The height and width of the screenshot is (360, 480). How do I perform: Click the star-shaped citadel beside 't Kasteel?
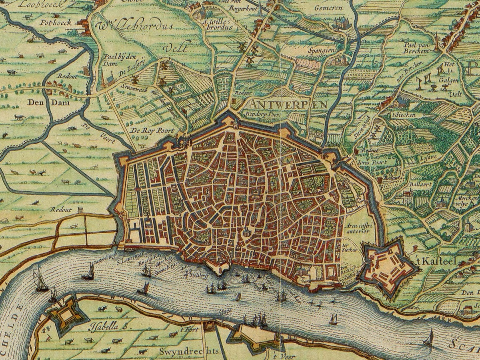pyautogui.click(x=386, y=268)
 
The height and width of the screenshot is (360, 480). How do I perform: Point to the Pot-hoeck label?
pyautogui.click(x=56, y=22)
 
